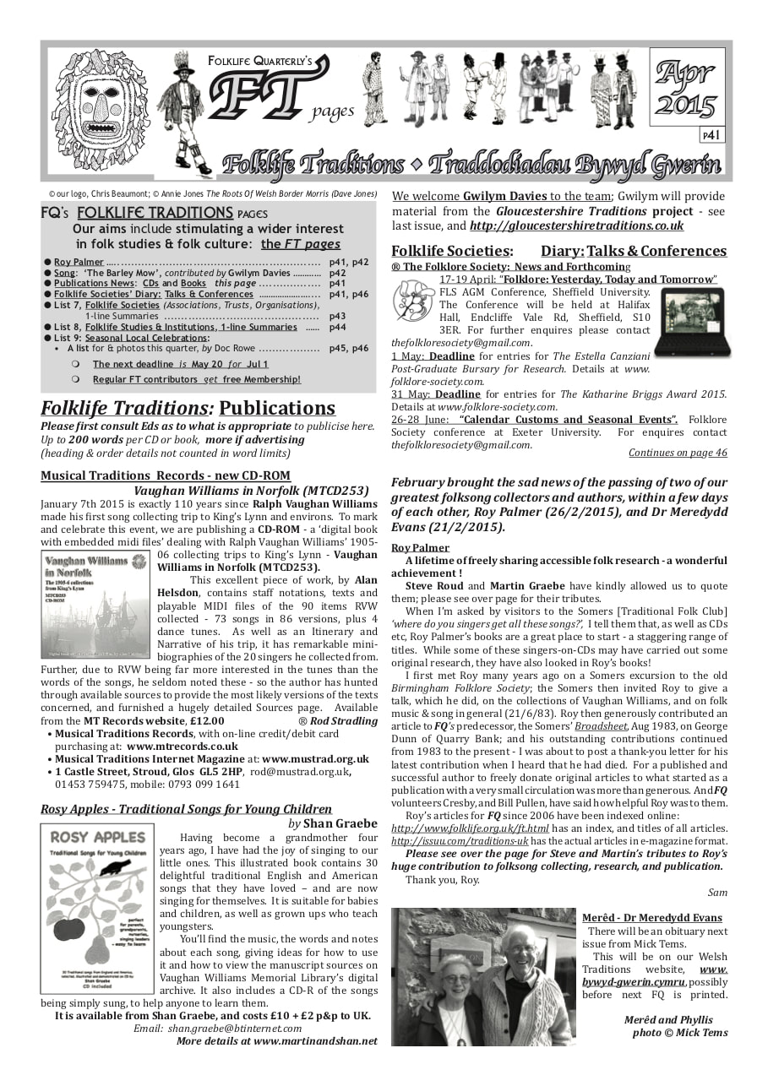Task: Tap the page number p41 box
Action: [x=711, y=134]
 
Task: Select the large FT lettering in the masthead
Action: [x=258, y=93]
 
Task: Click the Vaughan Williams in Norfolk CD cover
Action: [x=95, y=605]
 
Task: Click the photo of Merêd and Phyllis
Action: [x=482, y=976]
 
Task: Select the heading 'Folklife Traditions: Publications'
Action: [x=188, y=409]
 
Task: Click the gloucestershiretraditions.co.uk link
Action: [x=576, y=225]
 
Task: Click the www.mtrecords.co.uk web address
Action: [x=182, y=747]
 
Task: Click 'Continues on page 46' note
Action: [x=677, y=453]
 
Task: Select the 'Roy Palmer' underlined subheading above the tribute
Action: [x=420, y=547]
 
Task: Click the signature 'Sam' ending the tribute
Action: [x=717, y=892]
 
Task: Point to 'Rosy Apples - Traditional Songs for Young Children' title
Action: [x=186, y=809]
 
